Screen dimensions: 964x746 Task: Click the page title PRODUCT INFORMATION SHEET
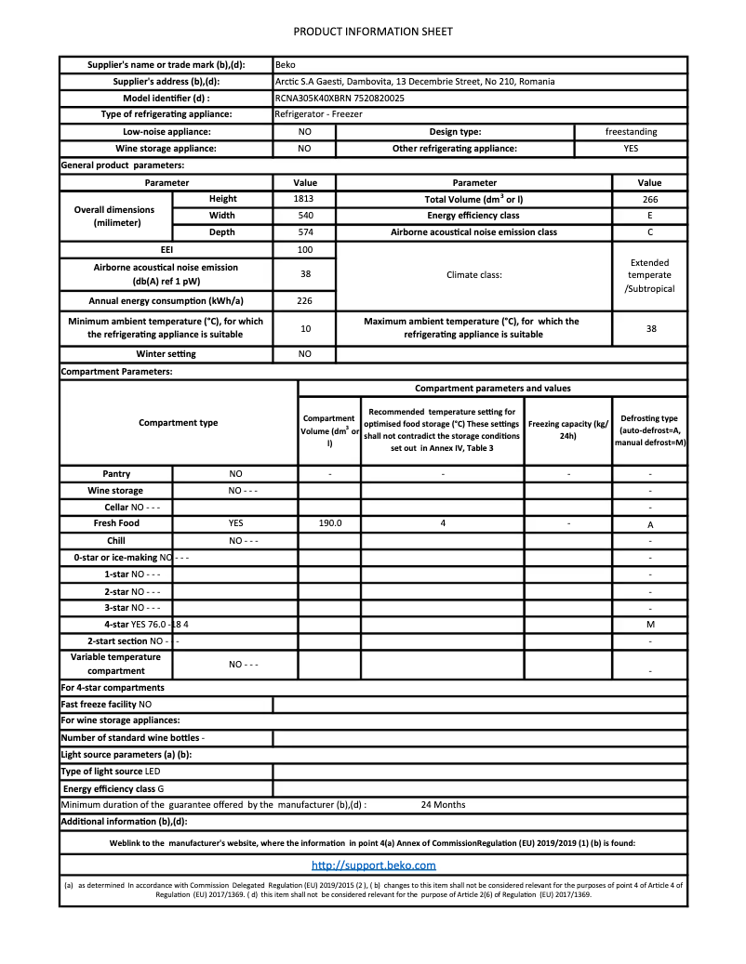[373, 32]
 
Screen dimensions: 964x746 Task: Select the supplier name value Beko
[286, 65]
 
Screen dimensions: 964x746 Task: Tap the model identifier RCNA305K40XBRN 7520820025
[340, 98]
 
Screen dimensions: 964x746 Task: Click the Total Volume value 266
[649, 199]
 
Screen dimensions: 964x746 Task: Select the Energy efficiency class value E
[649, 216]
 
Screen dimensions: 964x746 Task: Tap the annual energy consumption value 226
[305, 301]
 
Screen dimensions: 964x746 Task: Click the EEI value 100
[305, 250]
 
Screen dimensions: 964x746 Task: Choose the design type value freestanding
[631, 132]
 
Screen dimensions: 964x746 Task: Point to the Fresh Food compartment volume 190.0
[329, 523]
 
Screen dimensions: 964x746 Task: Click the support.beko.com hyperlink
[373, 865]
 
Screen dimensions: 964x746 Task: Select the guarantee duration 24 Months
[443, 805]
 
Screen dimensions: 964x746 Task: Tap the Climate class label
[474, 275]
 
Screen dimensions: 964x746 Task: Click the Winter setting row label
[167, 354]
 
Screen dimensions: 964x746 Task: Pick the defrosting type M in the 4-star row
[649, 625]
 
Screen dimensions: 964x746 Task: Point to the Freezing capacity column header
[568, 429]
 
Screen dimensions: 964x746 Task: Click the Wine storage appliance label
[166, 149]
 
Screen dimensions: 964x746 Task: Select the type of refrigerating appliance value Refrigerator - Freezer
[318, 114]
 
